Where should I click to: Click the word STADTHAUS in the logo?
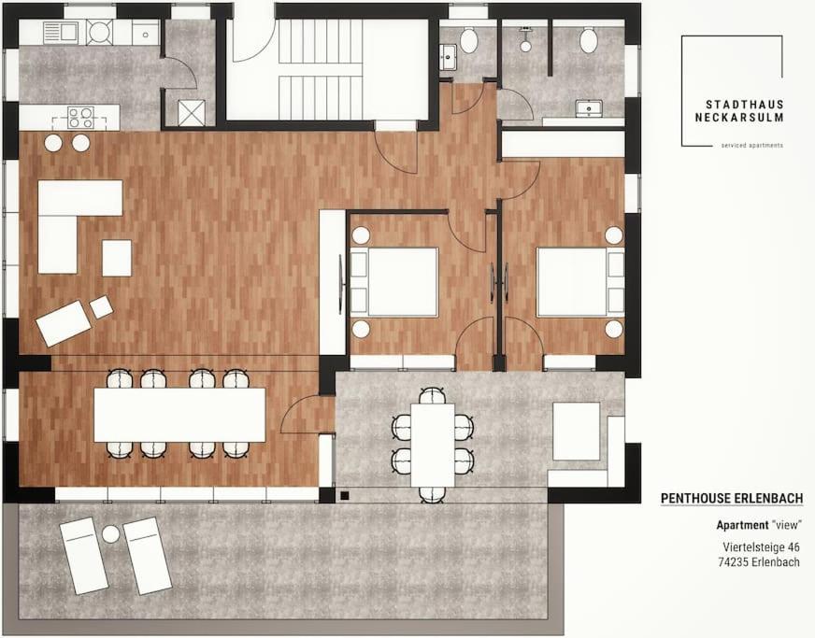pyautogui.click(x=744, y=106)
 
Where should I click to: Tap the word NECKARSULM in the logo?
pyautogui.click(x=739, y=118)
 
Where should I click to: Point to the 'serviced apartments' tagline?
pyautogui.click(x=751, y=146)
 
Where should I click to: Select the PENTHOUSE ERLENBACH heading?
pyautogui.click(x=731, y=498)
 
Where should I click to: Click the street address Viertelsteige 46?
pyautogui.click(x=761, y=547)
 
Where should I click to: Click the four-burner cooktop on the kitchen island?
pyautogui.click(x=81, y=118)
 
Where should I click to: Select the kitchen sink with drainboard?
pyautogui.click(x=61, y=32)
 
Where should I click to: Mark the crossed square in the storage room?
pyautogui.click(x=188, y=112)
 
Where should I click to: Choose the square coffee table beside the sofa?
pyautogui.click(x=117, y=258)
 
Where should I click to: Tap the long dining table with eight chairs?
pyautogui.click(x=179, y=415)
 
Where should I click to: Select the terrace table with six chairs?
pyautogui.click(x=433, y=445)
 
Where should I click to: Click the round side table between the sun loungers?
pyautogui.click(x=110, y=533)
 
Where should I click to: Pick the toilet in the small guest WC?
pyautogui.click(x=469, y=40)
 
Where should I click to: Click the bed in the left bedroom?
pyautogui.click(x=394, y=282)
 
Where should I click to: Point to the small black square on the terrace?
pyautogui.click(x=345, y=495)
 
